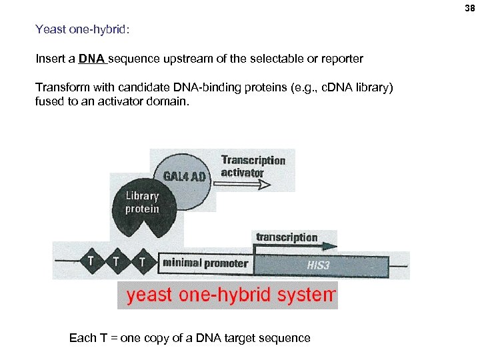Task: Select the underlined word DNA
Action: [x=91, y=59]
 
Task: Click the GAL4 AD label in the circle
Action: [x=183, y=175]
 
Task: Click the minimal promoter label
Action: [x=205, y=263]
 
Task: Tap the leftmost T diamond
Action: [x=91, y=261]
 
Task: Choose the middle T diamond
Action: [x=116, y=261]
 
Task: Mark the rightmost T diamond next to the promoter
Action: [x=141, y=261]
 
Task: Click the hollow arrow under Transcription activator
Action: [x=247, y=185]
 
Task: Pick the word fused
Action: [x=49, y=102]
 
